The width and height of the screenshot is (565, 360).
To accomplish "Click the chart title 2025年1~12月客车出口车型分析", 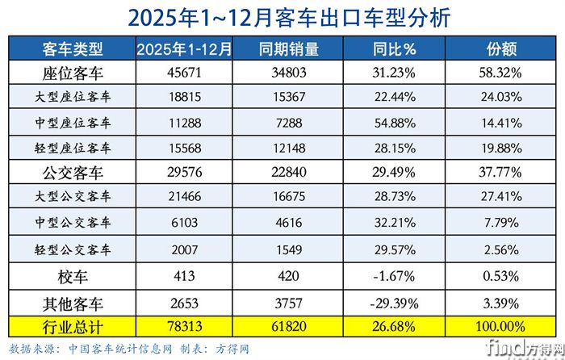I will coord(282,18).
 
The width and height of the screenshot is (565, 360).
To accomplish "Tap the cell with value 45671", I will coord(185,73).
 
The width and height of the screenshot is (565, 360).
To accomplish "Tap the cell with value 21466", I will coord(185,197).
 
